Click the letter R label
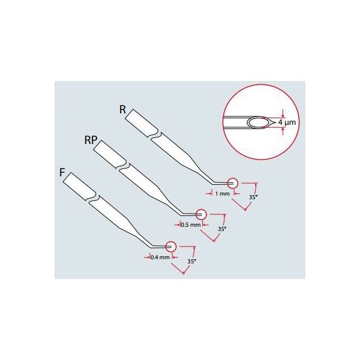click(x=123, y=110)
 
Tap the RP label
click(x=90, y=141)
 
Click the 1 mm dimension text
click(x=221, y=194)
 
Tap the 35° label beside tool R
click(x=254, y=197)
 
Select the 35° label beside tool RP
click(x=222, y=229)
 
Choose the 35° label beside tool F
click(x=191, y=262)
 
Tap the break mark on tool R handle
click(x=156, y=136)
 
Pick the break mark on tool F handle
click(x=93, y=198)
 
